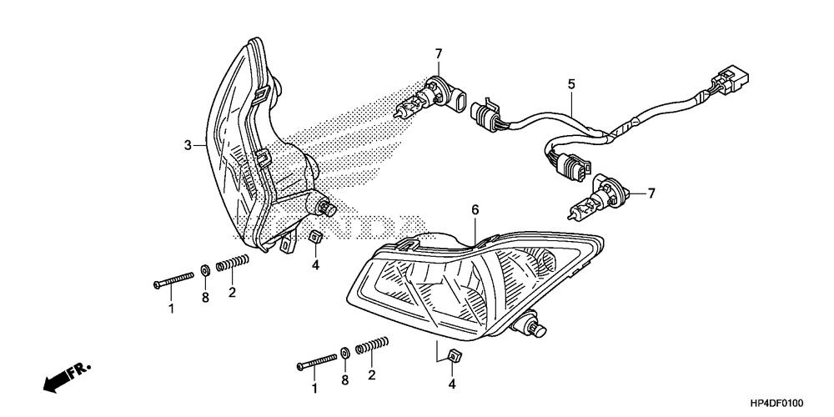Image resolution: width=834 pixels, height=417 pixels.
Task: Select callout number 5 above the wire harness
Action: (571, 83)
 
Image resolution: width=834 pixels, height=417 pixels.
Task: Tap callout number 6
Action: (475, 210)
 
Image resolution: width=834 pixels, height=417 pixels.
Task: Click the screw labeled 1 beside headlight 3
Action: (174, 282)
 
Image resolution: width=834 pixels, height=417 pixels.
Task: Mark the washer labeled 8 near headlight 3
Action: (204, 270)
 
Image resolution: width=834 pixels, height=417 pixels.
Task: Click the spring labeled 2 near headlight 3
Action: (233, 264)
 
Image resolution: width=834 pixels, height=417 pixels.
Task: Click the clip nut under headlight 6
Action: (453, 357)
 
